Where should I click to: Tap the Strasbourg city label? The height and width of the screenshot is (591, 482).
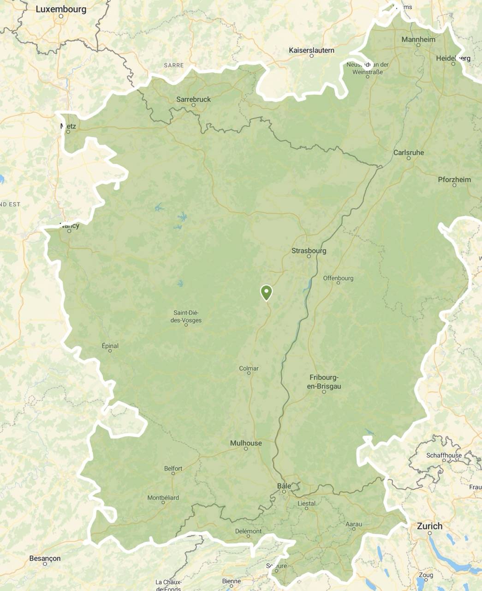coord(309,251)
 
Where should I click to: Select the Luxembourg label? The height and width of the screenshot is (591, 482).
coord(60,9)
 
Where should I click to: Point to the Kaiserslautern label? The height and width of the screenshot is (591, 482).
coord(311,50)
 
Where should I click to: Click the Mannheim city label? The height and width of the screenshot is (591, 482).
coord(418,39)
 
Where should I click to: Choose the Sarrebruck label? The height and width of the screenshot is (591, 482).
coord(193,99)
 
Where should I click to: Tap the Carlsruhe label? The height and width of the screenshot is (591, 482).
coord(408,152)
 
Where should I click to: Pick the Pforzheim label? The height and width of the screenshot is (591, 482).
coord(454,179)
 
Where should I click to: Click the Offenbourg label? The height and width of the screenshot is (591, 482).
coord(338,278)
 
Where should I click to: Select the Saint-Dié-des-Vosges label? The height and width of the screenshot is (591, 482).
coord(186,317)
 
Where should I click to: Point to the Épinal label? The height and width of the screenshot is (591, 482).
coord(110,346)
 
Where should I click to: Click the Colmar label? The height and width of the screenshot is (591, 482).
coord(249,368)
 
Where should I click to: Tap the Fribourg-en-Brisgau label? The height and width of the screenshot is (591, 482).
coord(324,382)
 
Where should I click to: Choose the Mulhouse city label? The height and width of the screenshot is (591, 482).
coord(246,443)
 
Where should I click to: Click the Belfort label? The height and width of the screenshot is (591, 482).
coord(173,468)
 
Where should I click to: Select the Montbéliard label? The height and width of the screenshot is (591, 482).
coord(163,498)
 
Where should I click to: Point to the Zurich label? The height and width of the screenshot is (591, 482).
coord(429,526)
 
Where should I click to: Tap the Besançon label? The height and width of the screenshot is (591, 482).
coord(45,558)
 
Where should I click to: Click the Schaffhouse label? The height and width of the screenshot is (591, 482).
coord(444,455)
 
